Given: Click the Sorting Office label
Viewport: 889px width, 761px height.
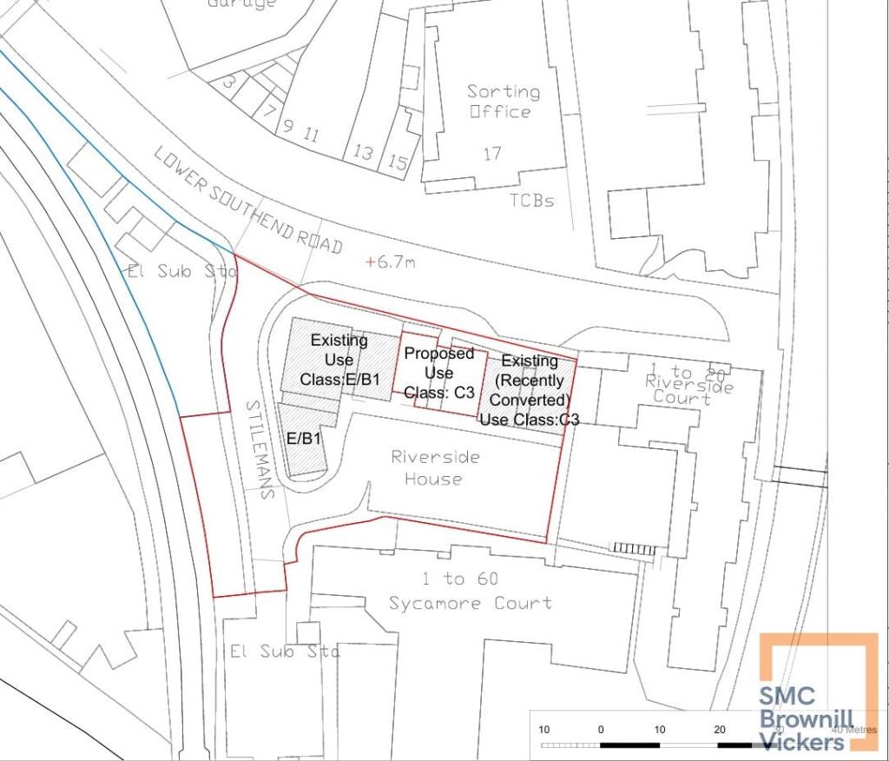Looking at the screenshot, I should pyautogui.click(x=503, y=101).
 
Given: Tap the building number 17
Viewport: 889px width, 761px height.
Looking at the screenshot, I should pyautogui.click(x=492, y=154).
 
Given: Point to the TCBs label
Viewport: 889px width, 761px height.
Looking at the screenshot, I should pyautogui.click(x=531, y=201).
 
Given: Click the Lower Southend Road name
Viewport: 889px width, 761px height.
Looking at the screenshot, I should pyautogui.click(x=247, y=201).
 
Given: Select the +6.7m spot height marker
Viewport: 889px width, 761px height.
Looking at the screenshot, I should pyautogui.click(x=391, y=261).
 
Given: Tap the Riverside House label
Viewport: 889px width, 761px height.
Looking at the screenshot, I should pyautogui.click(x=434, y=467).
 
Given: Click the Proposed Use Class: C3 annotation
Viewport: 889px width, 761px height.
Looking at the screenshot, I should pyautogui.click(x=438, y=373).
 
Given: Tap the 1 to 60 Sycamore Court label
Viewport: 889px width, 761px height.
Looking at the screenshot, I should pyautogui.click(x=471, y=591).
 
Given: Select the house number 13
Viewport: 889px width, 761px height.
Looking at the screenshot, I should pyautogui.click(x=363, y=154).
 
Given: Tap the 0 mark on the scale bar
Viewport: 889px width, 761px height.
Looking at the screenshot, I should pyautogui.click(x=601, y=729).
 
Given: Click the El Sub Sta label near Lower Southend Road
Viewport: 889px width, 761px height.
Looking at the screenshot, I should pyautogui.click(x=182, y=271).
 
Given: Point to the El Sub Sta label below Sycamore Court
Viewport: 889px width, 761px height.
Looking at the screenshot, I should pyautogui.click(x=284, y=651).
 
